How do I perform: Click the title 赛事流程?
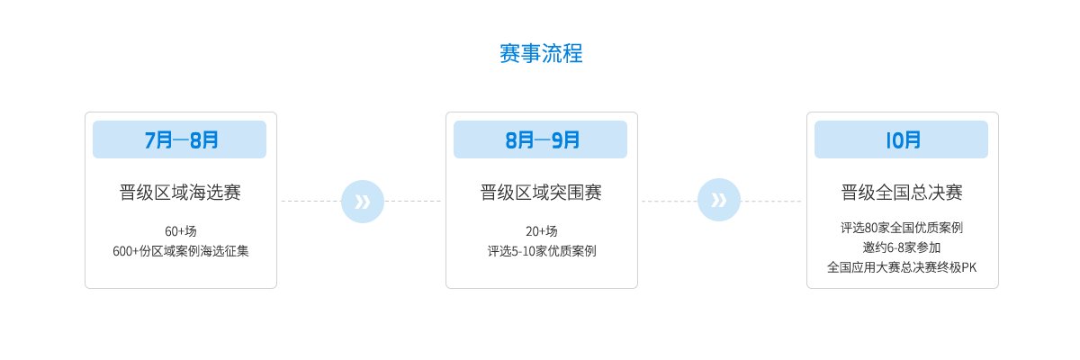tap(541, 53)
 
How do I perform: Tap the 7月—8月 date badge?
tap(179, 139)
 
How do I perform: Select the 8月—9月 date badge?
tap(541, 139)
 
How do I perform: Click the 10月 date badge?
tap(901, 139)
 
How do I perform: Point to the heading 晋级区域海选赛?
tap(180, 193)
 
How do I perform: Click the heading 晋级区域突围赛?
tap(541, 193)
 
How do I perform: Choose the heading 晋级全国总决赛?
tap(902, 193)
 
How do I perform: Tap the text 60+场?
tap(181, 231)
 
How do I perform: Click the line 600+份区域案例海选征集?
tap(181, 251)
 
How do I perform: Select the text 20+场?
tap(542, 231)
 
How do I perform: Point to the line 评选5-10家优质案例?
tap(542, 251)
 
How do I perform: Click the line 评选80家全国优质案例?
tap(902, 228)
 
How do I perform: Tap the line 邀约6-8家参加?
tap(902, 247)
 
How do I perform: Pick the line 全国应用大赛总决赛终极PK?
tap(902, 267)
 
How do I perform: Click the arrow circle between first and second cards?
tap(363, 202)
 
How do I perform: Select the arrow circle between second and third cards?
tap(719, 200)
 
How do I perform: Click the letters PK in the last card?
tap(968, 267)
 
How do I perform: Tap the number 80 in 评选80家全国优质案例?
tap(871, 228)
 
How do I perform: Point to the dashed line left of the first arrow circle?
tap(311, 201)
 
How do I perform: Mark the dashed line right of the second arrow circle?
tap(771, 201)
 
